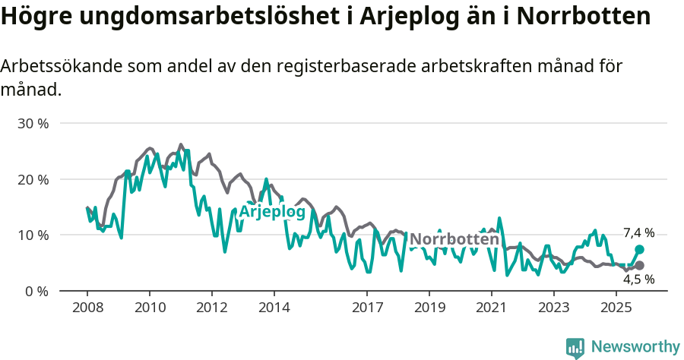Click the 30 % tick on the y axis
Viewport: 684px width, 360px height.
coord(33,123)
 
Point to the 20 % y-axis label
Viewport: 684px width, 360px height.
coord(33,179)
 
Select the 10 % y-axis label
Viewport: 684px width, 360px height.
coord(33,235)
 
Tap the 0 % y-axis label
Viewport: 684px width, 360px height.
coord(36,291)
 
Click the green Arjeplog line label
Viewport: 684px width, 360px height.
coord(272,211)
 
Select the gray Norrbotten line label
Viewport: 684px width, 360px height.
coord(454,240)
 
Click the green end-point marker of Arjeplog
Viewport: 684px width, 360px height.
coord(639,249)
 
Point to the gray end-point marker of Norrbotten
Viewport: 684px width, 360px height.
coord(639,265)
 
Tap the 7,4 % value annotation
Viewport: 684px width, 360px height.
coord(638,233)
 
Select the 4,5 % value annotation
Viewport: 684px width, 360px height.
coord(638,279)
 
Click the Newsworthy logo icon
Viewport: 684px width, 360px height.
coord(575,347)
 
